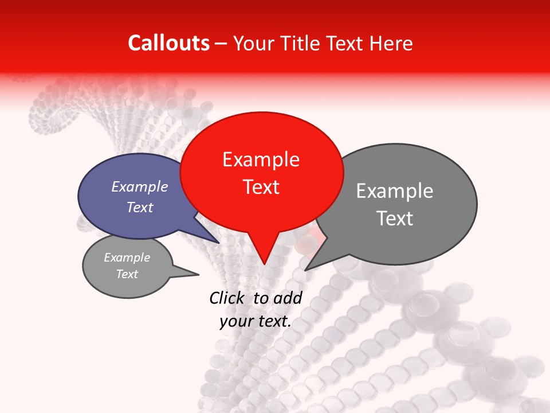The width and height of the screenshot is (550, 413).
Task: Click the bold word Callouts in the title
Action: pyautogui.click(x=168, y=43)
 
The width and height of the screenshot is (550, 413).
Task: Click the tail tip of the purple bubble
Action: pyautogui.click(x=219, y=243)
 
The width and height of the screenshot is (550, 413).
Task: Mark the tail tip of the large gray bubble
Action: pyautogui.click(x=305, y=270)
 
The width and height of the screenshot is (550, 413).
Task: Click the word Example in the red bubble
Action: pyautogui.click(x=261, y=159)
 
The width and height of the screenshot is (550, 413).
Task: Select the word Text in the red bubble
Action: pyautogui.click(x=261, y=187)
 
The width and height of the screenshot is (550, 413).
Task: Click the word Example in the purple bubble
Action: pyautogui.click(x=140, y=186)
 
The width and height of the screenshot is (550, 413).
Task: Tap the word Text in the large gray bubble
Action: pyautogui.click(x=395, y=219)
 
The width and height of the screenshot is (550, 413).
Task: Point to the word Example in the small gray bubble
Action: pyautogui.click(x=127, y=258)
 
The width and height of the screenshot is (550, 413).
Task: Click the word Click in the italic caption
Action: pyautogui.click(x=228, y=298)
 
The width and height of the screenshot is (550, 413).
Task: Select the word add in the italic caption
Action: pyautogui.click(x=287, y=298)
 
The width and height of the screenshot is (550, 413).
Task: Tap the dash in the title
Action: pyautogui.click(x=222, y=43)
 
